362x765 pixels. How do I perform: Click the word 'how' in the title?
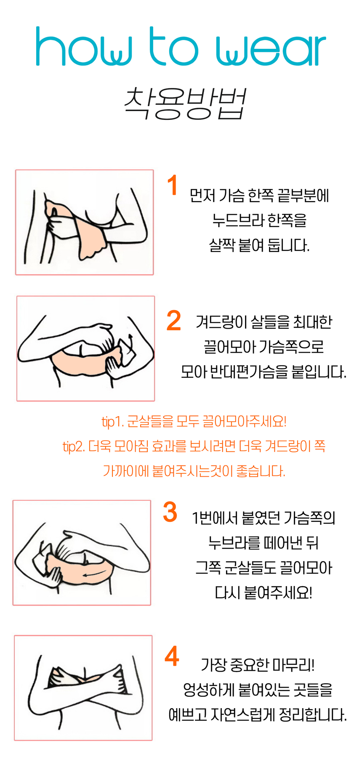84,47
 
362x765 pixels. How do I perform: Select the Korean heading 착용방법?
185,104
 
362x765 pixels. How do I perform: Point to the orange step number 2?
174,321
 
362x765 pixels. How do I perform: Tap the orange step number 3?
170,512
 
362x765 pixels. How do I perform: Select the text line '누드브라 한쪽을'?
259,220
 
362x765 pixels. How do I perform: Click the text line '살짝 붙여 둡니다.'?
259,245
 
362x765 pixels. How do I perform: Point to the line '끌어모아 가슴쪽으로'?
264,347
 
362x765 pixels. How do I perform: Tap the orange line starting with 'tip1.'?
194,421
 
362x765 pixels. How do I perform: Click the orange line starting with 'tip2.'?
194,446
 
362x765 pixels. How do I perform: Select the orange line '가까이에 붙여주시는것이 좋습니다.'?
194,471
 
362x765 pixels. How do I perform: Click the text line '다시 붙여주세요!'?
264,593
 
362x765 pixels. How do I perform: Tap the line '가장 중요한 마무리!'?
258,665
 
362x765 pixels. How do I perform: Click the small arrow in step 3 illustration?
95,574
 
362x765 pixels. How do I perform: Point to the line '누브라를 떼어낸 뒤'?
264,543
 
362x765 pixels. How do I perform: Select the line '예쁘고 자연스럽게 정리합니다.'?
258,715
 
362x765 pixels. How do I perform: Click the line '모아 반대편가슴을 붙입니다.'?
264,372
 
